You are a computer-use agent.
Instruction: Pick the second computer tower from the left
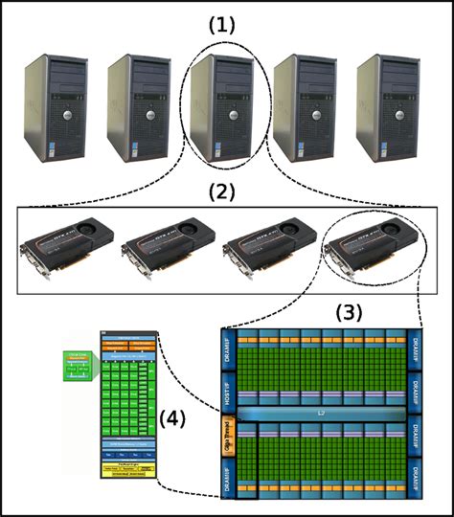coord(134,105)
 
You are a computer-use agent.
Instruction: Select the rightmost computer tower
coord(385,105)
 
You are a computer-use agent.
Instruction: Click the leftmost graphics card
coord(63,248)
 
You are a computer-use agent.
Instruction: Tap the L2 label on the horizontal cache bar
coord(319,411)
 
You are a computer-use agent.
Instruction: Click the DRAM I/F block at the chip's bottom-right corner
coord(413,475)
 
